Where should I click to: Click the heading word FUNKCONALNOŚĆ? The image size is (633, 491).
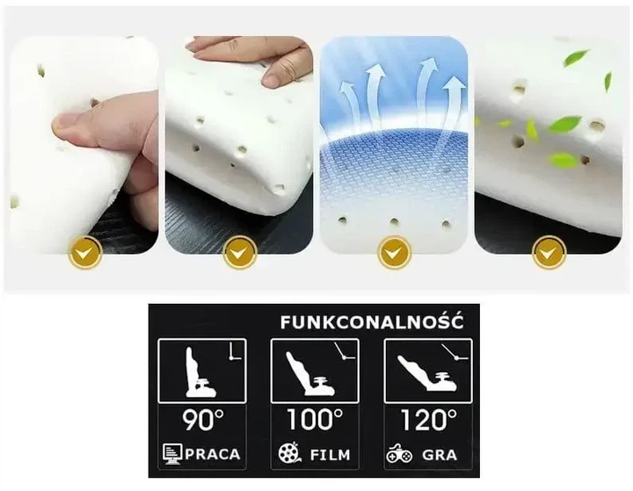coord(372,322)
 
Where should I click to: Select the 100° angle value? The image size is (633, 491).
coord(315,419)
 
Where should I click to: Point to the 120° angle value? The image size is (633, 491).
coord(429,420)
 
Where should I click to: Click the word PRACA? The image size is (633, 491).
coord(213,454)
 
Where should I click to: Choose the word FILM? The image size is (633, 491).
coord(330,455)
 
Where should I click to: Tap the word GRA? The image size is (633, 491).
coord(440,455)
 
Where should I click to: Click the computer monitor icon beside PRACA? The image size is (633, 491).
coord(172,454)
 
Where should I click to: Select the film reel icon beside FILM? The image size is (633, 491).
coord(289,452)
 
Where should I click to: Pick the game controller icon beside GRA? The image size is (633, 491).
coord(399,453)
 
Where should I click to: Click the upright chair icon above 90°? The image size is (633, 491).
coord(200,372)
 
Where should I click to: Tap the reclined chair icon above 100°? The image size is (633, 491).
coord(309,373)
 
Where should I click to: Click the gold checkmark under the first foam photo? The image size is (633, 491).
coord(85,253)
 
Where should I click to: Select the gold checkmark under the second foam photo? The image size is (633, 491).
coord(240,253)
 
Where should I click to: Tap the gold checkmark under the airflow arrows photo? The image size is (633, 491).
coord(394,253)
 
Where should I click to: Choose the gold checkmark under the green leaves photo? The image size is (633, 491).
coord(549,253)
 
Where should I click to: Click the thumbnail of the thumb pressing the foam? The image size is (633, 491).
coord(84,145)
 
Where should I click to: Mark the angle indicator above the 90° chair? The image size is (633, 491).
coord(234,351)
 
